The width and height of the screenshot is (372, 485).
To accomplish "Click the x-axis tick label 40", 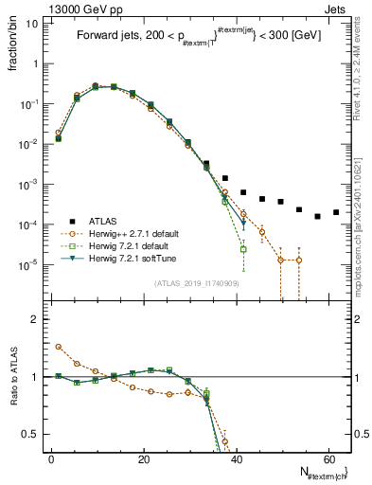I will [x=236, y=458].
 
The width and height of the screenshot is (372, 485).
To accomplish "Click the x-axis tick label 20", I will [x=143, y=458].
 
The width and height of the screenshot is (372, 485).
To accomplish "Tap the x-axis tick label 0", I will [x=51, y=458].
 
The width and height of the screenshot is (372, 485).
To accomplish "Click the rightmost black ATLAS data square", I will [x=336, y=212].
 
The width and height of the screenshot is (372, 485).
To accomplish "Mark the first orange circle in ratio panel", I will [x=59, y=347].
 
